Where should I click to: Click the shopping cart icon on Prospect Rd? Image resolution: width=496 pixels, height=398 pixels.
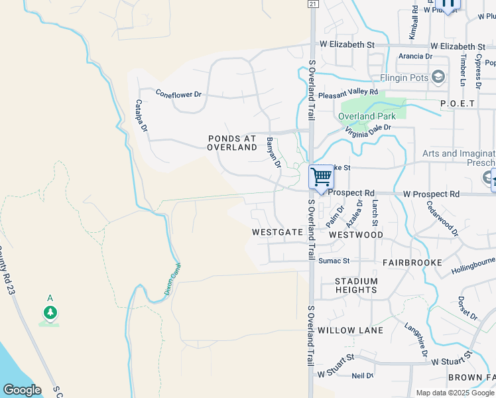321,178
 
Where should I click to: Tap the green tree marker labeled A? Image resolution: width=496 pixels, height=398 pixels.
50,312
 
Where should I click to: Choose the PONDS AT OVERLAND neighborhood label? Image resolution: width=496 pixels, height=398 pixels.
232,143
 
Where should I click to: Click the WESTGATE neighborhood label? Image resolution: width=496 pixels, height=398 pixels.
277,233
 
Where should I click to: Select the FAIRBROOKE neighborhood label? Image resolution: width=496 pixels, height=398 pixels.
412,263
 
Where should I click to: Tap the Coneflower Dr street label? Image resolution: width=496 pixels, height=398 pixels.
178,94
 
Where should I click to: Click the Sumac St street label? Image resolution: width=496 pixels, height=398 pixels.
334,261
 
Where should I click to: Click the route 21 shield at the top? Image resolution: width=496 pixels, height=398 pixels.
312,4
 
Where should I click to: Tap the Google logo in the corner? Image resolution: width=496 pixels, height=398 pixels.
22,390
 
